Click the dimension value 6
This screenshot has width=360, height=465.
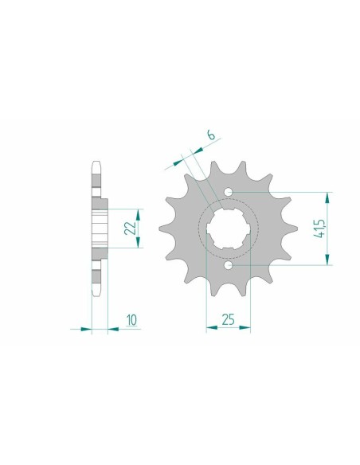coord(209,135)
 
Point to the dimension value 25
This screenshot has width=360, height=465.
coord(229,320)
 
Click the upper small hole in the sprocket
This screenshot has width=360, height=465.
coord(229,192)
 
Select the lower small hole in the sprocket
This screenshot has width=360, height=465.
coord(229,266)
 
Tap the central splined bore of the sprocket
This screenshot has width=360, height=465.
coord(229,229)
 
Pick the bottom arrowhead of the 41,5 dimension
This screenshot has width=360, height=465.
coord(326,262)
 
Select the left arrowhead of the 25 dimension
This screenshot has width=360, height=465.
coord(210,326)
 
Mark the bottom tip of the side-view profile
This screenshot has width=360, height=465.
coord(96,302)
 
